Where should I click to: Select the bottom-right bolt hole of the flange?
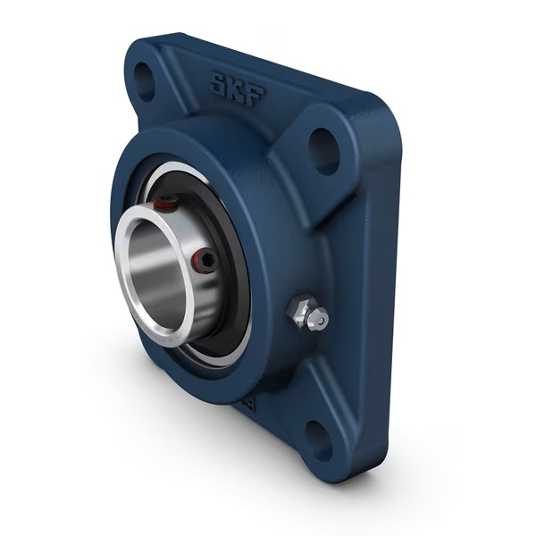pyautogui.click(x=319, y=438)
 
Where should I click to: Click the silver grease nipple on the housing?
pyautogui.click(x=307, y=315)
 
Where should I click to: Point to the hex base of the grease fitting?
pyautogui.click(x=298, y=312)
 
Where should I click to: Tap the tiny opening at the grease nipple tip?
pyautogui.click(x=322, y=319)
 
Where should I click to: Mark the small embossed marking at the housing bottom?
pyautogui.click(x=253, y=405)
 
